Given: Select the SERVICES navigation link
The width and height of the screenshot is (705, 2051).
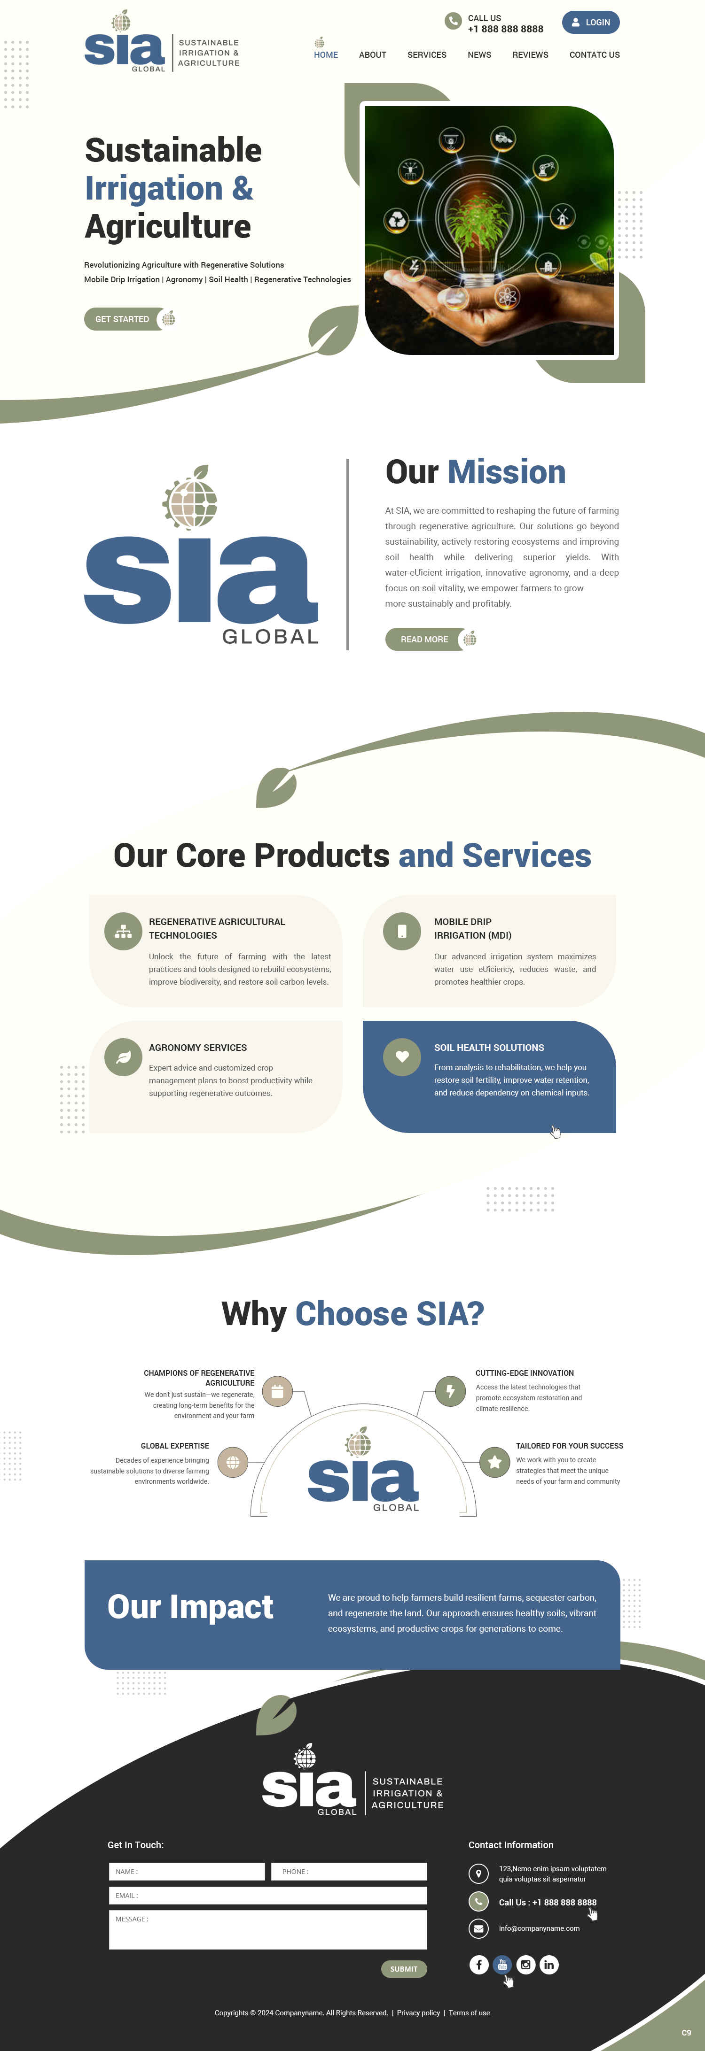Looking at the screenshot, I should point(426,55).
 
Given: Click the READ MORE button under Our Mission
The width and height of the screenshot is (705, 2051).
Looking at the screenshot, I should point(424,640).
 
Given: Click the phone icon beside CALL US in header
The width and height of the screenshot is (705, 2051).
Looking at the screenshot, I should point(453,22).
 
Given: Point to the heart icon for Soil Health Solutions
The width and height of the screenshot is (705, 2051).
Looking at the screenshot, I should point(402,1056).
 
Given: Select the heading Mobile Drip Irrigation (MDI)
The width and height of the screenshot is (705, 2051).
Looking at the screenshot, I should point(472,928).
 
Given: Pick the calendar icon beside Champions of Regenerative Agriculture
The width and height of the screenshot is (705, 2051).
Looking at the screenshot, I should point(277,1392).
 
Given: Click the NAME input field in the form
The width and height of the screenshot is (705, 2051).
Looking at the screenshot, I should point(187,1872).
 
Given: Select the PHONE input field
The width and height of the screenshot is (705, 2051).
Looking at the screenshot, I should point(349,1872).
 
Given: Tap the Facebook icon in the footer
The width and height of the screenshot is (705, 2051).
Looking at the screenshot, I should point(479,1965).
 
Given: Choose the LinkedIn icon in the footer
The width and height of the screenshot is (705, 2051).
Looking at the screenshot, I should point(549,1965).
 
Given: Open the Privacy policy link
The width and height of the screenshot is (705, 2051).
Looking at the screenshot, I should point(418,2013).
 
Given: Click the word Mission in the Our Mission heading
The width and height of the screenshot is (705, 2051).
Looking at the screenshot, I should point(507,472).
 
